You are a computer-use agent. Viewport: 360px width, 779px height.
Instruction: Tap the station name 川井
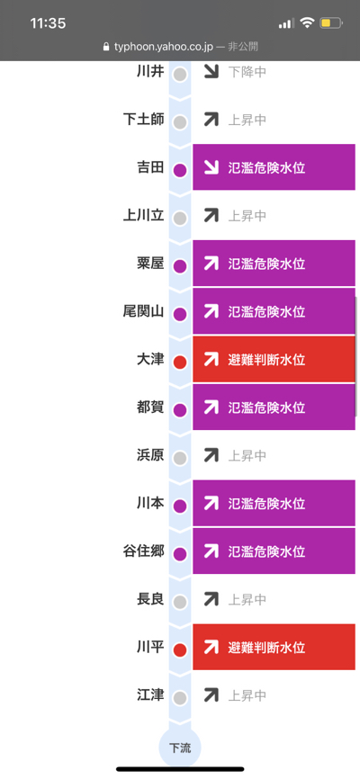(150, 72)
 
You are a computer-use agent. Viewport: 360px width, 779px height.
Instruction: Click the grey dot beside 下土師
(180, 122)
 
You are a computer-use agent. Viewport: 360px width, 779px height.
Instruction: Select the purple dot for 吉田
(180, 170)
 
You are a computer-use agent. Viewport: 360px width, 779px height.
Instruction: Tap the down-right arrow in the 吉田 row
(211, 167)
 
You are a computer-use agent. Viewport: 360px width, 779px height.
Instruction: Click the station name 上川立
(143, 216)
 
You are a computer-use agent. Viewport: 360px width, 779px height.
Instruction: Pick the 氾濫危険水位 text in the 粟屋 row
(266, 264)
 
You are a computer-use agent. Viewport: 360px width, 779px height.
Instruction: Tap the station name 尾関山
(143, 311)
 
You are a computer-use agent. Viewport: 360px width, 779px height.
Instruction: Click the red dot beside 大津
(180, 363)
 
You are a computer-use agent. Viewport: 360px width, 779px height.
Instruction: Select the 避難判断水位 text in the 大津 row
(266, 359)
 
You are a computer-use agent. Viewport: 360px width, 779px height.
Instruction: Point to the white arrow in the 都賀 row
(211, 407)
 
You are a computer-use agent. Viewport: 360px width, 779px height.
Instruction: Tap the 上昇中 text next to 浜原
(247, 455)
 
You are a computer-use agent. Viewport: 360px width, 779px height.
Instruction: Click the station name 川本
(150, 503)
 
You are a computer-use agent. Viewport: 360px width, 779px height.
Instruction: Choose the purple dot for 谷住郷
(180, 554)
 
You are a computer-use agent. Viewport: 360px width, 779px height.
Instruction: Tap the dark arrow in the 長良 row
(211, 599)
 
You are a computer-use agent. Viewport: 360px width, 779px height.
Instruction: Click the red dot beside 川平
(180, 649)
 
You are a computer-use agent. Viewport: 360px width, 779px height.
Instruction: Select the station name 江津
(150, 695)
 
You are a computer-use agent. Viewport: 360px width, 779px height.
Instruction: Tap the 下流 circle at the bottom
(179, 748)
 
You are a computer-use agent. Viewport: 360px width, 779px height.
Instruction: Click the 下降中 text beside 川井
(247, 72)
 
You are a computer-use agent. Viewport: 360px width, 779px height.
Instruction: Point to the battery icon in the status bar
(331, 22)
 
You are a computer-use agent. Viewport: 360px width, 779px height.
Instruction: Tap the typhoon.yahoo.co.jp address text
(164, 47)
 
